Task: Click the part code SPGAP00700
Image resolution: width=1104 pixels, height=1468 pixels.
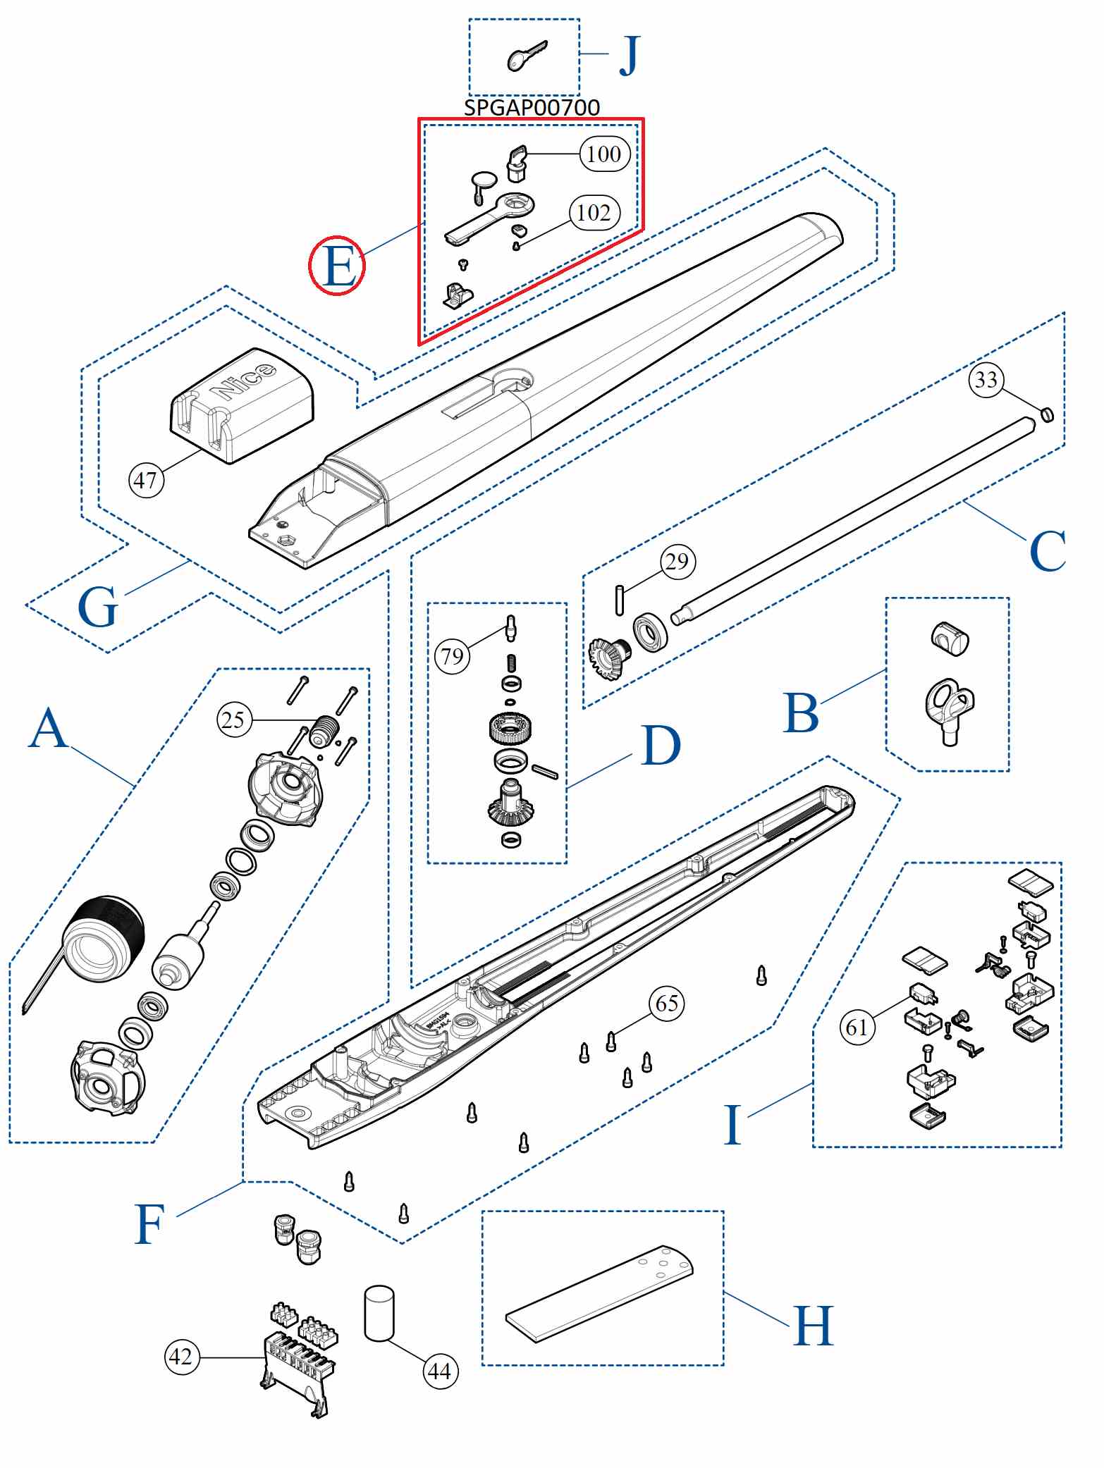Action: [532, 108]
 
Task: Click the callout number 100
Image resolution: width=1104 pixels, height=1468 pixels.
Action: [604, 154]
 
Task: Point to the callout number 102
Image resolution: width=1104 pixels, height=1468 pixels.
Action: [594, 213]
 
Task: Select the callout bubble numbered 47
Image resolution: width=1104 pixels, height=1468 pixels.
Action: [146, 481]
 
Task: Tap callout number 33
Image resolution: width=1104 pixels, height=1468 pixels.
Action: [986, 380]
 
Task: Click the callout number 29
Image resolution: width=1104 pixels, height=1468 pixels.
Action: [677, 562]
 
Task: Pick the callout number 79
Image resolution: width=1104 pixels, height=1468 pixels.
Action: [452, 656]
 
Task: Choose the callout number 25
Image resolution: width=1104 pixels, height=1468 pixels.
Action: [233, 720]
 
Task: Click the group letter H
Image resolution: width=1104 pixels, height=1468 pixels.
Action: [813, 1326]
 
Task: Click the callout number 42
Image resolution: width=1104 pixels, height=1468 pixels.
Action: [181, 1356]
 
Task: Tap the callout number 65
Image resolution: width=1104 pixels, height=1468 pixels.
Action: [666, 1003]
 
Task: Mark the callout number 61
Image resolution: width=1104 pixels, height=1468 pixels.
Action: [857, 1027]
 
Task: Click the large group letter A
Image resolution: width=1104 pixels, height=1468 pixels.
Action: [48, 728]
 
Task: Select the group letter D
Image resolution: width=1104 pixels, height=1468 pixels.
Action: [661, 746]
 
